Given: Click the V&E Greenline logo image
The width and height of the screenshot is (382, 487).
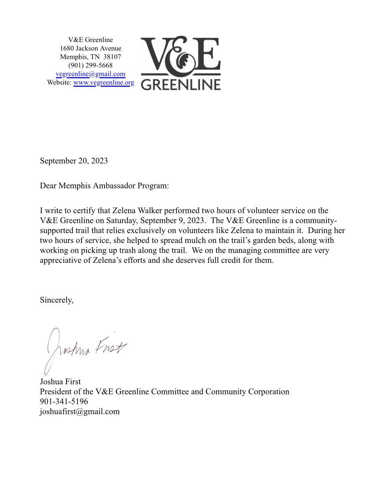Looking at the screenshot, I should click(x=180, y=63).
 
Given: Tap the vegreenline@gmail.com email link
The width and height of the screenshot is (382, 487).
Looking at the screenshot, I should click(x=90, y=74).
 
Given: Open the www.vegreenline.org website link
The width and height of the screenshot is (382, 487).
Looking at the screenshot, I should click(x=103, y=82).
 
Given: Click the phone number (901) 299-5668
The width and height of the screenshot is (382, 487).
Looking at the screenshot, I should click(x=90, y=65).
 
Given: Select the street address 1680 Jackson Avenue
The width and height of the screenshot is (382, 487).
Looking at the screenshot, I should click(x=90, y=48).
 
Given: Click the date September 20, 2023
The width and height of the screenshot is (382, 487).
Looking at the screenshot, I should click(x=74, y=161).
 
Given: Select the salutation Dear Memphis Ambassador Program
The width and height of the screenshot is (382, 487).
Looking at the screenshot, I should click(x=104, y=186).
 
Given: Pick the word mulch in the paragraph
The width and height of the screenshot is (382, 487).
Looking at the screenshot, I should click(x=194, y=240).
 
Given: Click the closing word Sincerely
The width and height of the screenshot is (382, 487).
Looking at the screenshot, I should click(x=56, y=300).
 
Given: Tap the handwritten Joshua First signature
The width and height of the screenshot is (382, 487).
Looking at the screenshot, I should click(x=85, y=350).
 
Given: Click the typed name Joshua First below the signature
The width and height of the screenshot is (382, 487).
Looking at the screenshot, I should click(x=60, y=382).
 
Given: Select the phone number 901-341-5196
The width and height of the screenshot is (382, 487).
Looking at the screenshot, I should click(x=64, y=402).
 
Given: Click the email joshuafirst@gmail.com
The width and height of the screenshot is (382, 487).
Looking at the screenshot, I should click(x=79, y=411).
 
